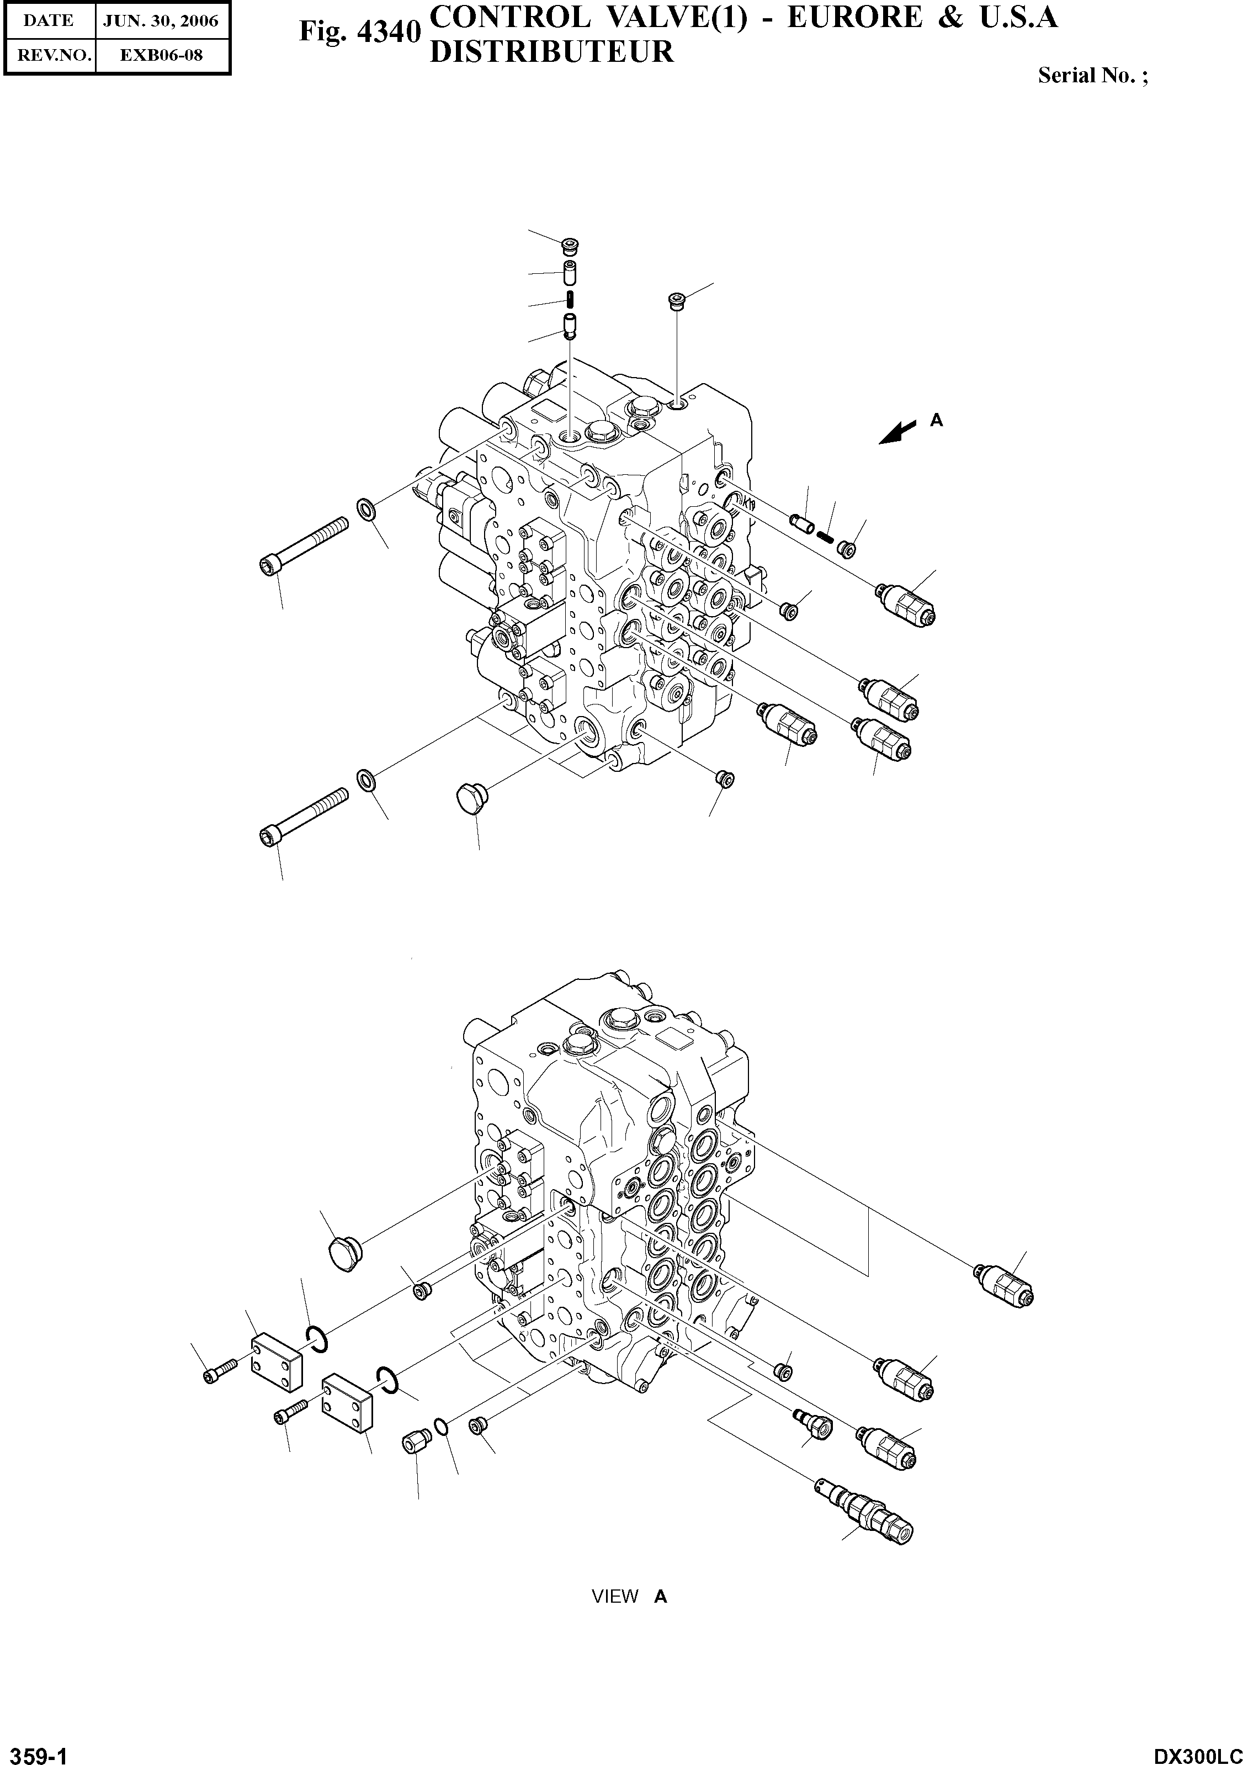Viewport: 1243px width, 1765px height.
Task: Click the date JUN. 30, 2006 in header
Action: pyautogui.click(x=161, y=21)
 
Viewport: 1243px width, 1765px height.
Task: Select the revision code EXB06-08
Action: pyautogui.click(x=161, y=55)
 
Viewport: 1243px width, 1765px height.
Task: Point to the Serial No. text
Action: pyautogui.click(x=1092, y=75)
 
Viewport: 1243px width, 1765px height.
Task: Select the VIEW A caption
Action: pyautogui.click(x=629, y=1597)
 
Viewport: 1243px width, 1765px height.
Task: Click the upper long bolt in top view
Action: pyautogui.click(x=304, y=544)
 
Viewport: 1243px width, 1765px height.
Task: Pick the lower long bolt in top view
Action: pyautogui.click(x=304, y=815)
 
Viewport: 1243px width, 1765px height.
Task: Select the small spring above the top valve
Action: pyautogui.click(x=570, y=298)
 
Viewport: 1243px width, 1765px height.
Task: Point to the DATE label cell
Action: pyautogui.click(x=49, y=21)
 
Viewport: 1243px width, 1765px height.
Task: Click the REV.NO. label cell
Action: pyautogui.click(x=49, y=55)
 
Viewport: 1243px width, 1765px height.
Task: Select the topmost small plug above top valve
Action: pyautogui.click(x=570, y=246)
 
